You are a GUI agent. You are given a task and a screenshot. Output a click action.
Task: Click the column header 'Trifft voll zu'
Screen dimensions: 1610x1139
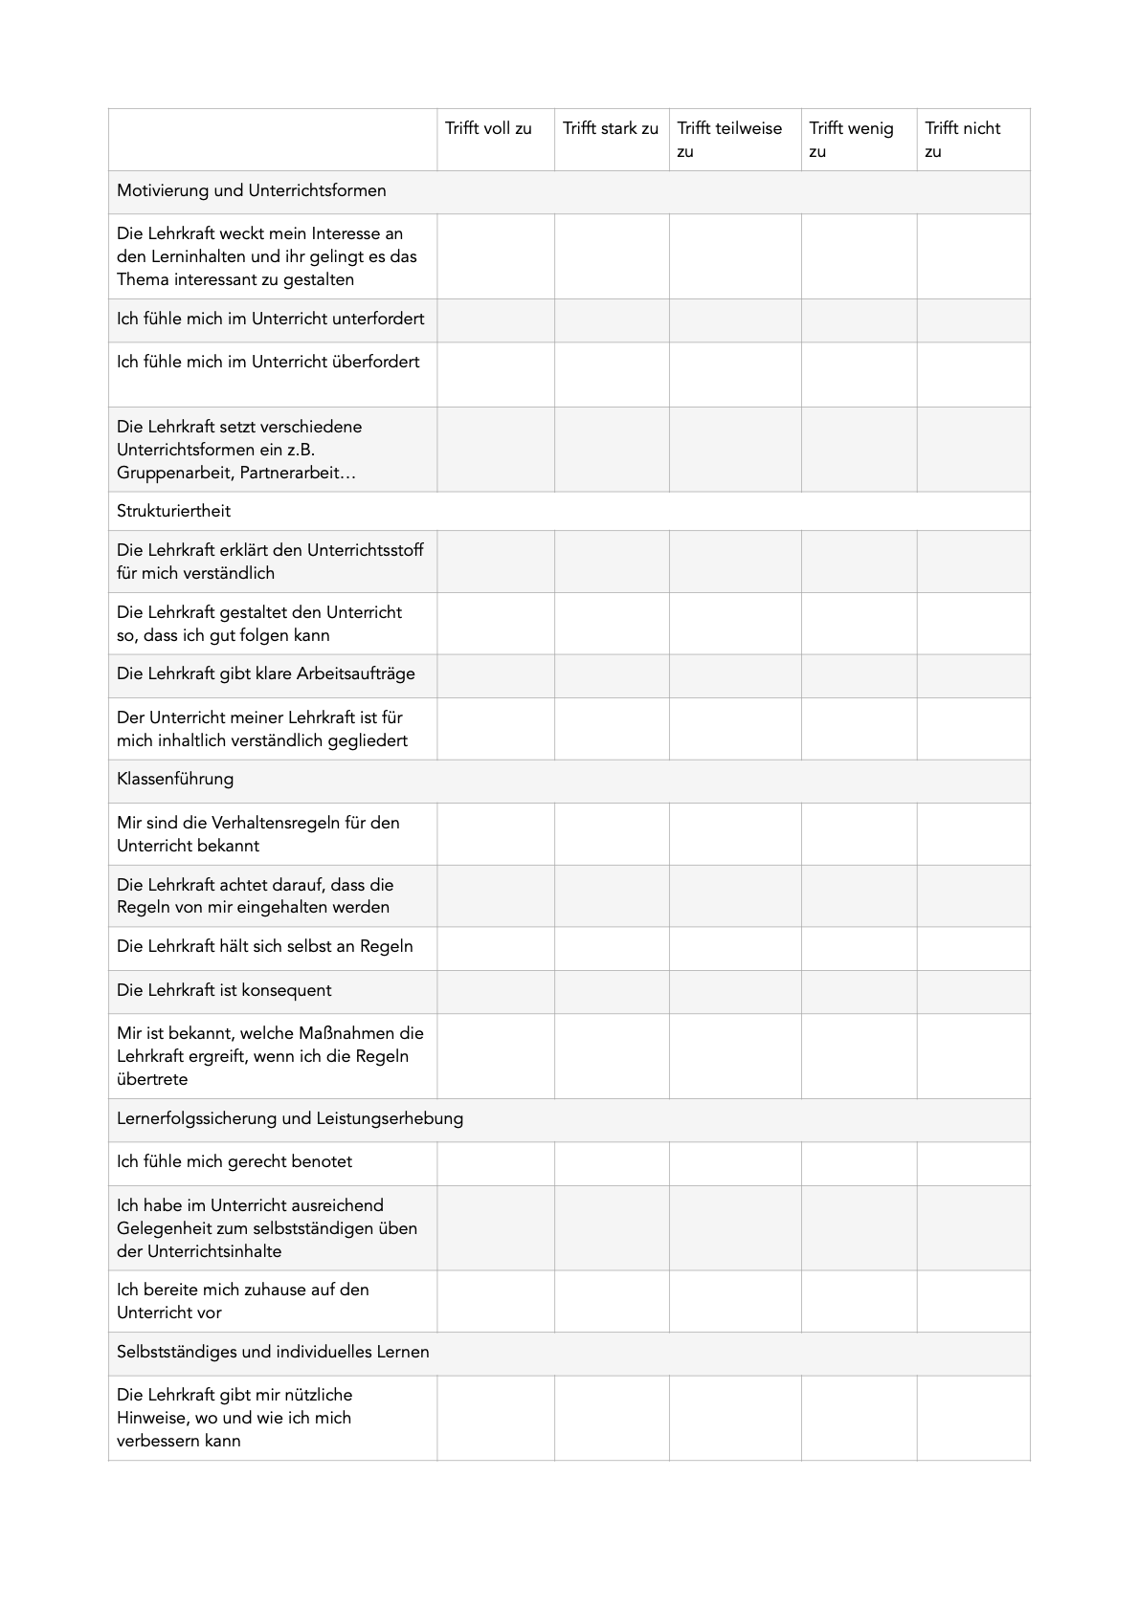[x=488, y=129]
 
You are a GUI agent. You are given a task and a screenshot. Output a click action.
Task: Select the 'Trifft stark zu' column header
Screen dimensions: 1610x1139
[x=611, y=129]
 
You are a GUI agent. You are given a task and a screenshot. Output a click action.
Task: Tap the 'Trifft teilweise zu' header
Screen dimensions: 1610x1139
[x=729, y=140]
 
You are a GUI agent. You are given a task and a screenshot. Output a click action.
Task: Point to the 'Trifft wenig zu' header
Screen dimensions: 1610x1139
[x=851, y=140]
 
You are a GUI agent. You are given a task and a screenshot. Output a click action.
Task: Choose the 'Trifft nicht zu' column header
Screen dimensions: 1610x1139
[x=962, y=140]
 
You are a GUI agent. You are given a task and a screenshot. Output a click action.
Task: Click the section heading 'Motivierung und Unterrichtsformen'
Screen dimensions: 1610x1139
[x=252, y=191]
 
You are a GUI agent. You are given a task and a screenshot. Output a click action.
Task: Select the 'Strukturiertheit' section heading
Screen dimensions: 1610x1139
[x=174, y=512]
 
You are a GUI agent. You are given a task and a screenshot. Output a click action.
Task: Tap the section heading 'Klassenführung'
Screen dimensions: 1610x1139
[x=175, y=780]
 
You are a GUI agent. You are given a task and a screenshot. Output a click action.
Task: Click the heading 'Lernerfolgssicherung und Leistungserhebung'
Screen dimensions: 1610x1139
[x=290, y=1119]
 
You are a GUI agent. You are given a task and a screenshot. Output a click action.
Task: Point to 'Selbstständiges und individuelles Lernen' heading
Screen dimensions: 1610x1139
[x=273, y=1353]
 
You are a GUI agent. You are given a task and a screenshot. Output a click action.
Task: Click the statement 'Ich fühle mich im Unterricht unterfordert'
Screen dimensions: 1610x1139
[x=271, y=320]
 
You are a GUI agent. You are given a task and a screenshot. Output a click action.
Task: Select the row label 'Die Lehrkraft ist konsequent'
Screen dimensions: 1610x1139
[x=224, y=991]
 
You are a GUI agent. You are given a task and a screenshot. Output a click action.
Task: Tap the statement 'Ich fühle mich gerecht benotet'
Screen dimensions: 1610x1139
[x=234, y=1162]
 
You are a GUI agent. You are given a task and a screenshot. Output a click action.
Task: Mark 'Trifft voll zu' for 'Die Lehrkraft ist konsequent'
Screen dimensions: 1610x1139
[x=496, y=992]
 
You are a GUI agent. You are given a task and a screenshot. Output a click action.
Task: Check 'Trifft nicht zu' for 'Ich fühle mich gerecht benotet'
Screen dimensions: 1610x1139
[x=973, y=1163]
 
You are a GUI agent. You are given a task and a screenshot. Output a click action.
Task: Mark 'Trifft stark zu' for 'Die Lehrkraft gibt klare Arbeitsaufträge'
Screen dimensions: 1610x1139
[x=612, y=675]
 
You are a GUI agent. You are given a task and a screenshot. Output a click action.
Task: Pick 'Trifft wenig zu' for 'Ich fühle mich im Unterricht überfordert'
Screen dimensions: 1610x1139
[x=859, y=374]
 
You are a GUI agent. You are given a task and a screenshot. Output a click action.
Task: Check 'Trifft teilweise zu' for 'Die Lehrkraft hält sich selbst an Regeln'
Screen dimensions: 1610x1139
[x=735, y=948]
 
